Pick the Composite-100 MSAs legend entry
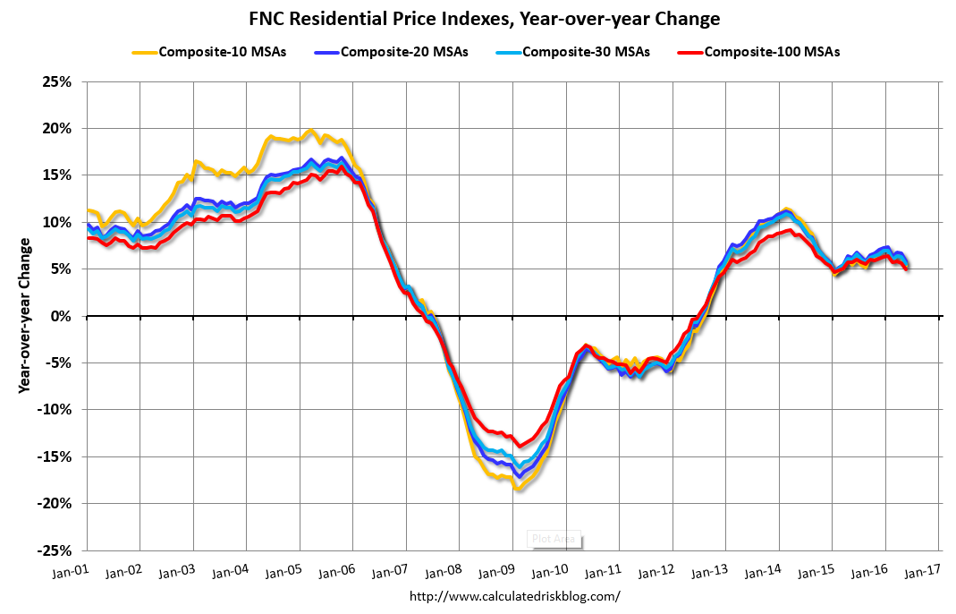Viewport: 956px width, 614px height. click(772, 52)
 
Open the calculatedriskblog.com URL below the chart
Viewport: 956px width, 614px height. click(514, 596)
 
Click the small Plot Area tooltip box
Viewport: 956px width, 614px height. click(554, 539)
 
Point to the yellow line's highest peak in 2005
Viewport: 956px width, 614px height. click(309, 131)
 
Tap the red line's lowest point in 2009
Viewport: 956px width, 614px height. click(518, 445)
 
